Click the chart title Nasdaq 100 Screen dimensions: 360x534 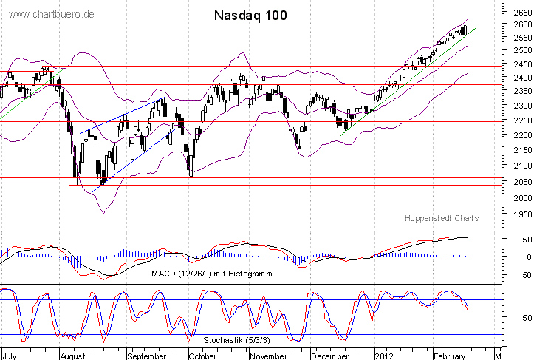coord(250,15)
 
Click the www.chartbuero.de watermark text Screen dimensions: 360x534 coord(52,15)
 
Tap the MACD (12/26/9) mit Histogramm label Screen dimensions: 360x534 coord(212,274)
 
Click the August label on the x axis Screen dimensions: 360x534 coord(72,355)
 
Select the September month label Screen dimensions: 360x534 coord(147,355)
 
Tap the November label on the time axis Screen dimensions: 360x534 coord(268,355)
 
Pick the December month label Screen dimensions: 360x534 coord(329,355)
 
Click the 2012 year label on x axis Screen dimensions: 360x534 coord(384,355)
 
